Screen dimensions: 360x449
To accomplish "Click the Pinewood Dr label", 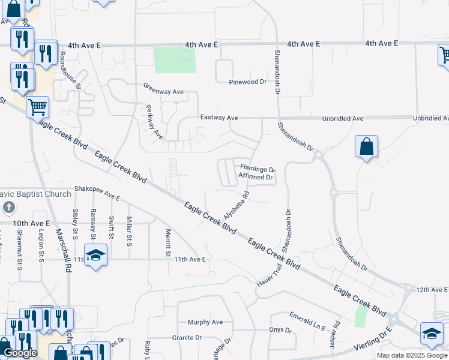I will pos(247,82).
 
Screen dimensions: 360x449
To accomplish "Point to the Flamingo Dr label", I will pos(258,169).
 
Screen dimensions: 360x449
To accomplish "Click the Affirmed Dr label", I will pos(256,177).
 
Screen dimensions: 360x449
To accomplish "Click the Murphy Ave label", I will pos(205,322).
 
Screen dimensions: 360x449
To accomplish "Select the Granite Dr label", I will pos(186,338).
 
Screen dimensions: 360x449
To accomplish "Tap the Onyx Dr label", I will pos(280,330).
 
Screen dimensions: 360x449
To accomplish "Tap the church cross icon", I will pos(8,208).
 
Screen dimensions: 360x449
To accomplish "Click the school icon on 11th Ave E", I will pos(95,256).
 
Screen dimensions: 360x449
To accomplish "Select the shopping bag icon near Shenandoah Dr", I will pos(366,146).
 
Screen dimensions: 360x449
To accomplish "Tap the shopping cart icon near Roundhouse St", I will pos(37,107).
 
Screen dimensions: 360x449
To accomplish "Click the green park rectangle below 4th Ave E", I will pos(175,60).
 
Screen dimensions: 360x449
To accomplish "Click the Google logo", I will pos(20,353).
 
